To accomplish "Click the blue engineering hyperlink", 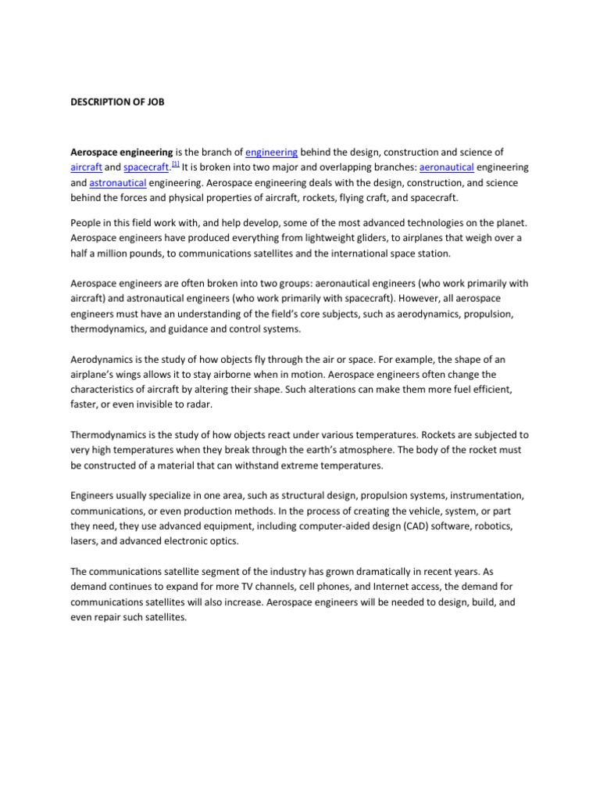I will coord(271,152).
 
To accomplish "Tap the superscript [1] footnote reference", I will coord(176,164).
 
